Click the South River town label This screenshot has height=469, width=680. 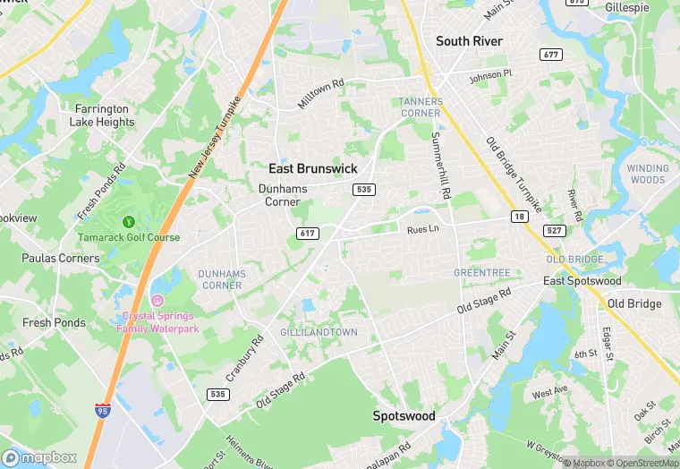coord(469,41)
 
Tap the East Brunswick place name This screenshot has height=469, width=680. coord(313,168)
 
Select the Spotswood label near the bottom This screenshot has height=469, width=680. coord(404,416)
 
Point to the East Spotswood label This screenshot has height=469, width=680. coord(582,281)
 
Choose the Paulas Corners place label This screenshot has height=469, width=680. coord(60,258)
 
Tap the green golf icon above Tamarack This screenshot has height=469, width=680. coord(129,221)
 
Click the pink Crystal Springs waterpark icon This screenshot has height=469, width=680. coord(157,300)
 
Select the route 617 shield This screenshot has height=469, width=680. coord(308,233)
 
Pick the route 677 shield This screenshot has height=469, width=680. coord(551,55)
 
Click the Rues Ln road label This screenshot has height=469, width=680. coord(423,230)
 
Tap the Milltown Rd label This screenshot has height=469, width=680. coord(320,95)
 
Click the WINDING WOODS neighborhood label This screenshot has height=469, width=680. coord(647,174)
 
